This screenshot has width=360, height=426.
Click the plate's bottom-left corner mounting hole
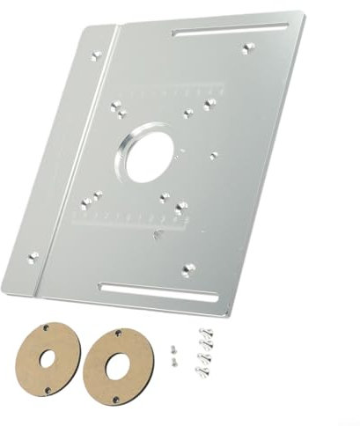click(x=34, y=257)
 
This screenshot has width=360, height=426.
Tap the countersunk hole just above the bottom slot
click(x=186, y=268)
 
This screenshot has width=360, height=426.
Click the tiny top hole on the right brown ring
click(x=117, y=332)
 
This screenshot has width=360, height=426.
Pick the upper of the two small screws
click(x=173, y=347)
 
